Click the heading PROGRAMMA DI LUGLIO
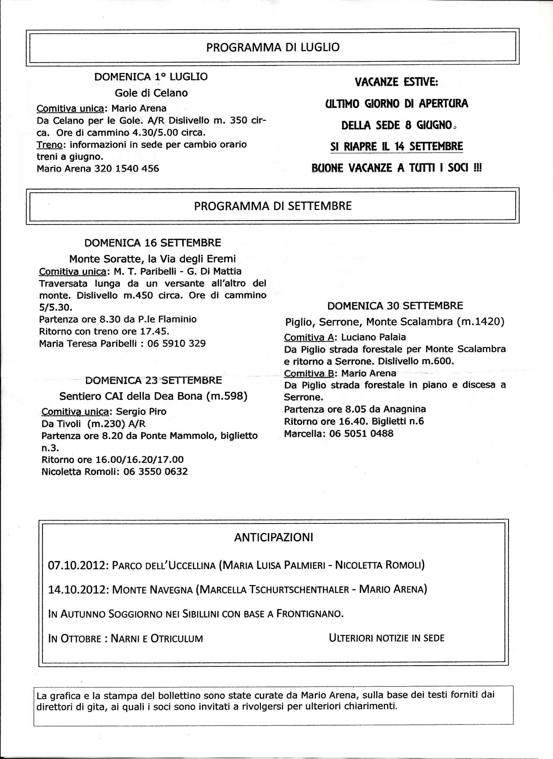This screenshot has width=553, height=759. (x=273, y=47)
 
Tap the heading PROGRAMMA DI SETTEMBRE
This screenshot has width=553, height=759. (x=273, y=206)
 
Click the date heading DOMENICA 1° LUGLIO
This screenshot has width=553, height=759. (x=151, y=77)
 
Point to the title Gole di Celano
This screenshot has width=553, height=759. (x=151, y=93)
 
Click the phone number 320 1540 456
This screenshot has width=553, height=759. (x=127, y=168)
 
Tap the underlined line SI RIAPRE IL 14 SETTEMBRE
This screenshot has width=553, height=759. (x=397, y=147)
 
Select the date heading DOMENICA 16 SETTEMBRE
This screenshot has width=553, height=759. (x=153, y=243)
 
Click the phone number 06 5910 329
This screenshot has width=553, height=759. (x=176, y=344)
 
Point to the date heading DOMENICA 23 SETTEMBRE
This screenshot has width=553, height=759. (x=154, y=380)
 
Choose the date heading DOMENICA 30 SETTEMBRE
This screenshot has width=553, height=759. (x=395, y=305)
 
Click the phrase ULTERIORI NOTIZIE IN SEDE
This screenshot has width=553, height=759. (x=386, y=638)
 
